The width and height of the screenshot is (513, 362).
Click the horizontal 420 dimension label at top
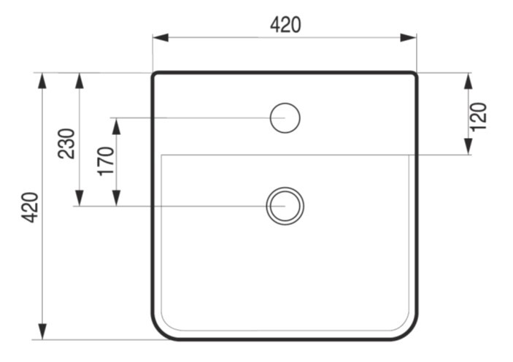pyautogui.click(x=285, y=26)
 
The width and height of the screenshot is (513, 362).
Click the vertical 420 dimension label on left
pyautogui.click(x=31, y=207)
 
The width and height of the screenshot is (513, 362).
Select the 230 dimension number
pyautogui.click(x=66, y=144)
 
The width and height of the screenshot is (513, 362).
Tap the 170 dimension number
pyautogui.click(x=107, y=161)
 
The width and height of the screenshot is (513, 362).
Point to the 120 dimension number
pyautogui.click(x=478, y=117)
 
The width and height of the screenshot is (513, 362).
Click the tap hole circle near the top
pyautogui.click(x=285, y=103)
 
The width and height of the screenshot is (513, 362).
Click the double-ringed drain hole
pyautogui.click(x=285, y=188)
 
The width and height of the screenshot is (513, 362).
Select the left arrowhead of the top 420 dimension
pyautogui.click(x=161, y=38)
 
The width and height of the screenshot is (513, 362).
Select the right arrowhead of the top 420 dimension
pyautogui.click(x=409, y=38)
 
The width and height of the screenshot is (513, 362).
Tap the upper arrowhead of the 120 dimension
pyautogui.click(x=468, y=81)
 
